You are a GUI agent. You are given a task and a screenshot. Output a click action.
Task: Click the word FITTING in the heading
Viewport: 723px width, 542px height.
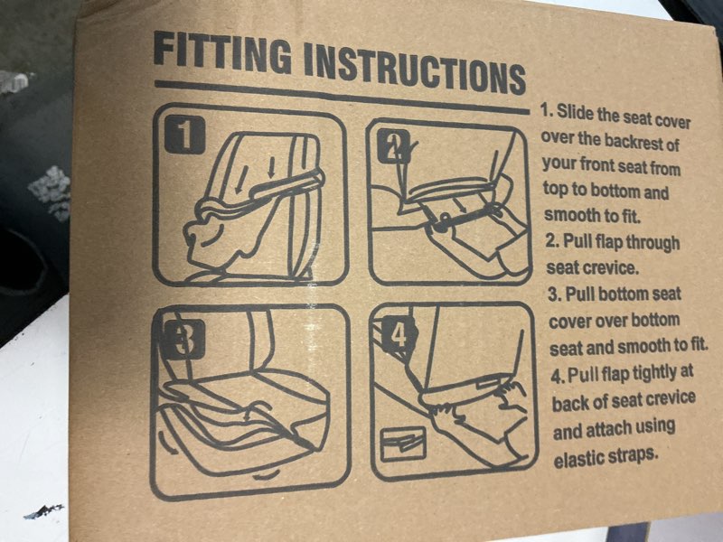pyautogui.click(x=222, y=51)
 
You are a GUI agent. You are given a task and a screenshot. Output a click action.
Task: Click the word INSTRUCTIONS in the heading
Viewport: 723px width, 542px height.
pyautogui.click(x=415, y=70)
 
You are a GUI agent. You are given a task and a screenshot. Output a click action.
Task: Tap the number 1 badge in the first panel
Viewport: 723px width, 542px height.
pyautogui.click(x=184, y=135)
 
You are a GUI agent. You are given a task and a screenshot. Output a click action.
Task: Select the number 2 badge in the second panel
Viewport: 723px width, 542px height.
pyautogui.click(x=393, y=146)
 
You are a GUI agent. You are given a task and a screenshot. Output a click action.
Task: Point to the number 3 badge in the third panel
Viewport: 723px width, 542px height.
pyautogui.click(x=184, y=340)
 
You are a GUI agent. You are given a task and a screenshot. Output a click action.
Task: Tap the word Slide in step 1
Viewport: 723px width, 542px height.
pyautogui.click(x=576, y=112)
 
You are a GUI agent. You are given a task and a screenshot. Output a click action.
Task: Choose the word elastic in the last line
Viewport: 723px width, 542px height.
pyautogui.click(x=577, y=458)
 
